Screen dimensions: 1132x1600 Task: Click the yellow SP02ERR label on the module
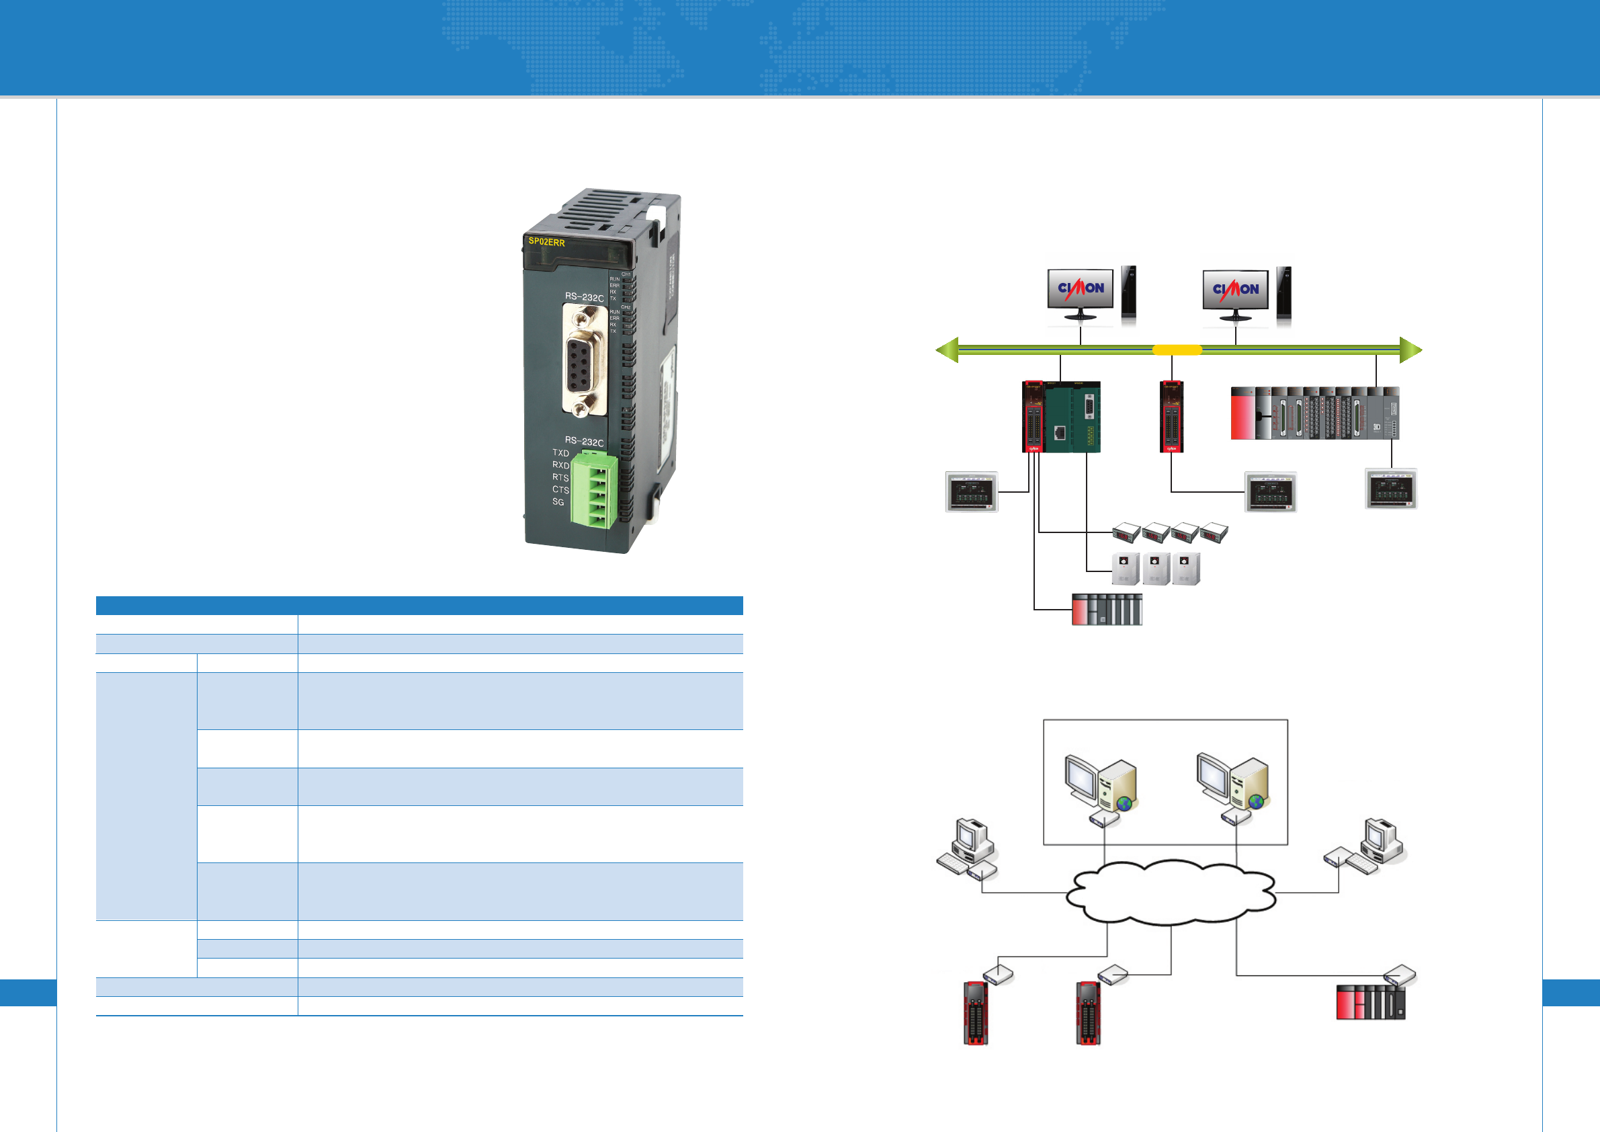click(546, 242)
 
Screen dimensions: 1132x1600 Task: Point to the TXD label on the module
click(560, 452)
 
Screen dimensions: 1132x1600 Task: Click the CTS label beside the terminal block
click(560, 489)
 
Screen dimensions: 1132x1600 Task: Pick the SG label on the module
click(558, 502)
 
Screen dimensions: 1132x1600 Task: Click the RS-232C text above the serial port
click(584, 297)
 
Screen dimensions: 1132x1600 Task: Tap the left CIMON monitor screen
click(1080, 288)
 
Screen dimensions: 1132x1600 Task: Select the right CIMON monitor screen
click(1236, 288)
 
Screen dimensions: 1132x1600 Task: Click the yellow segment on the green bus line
click(1177, 350)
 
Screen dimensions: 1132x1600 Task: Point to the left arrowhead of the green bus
click(947, 350)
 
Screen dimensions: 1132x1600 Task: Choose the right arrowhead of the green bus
click(1410, 350)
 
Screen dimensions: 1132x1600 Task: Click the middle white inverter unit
click(1155, 569)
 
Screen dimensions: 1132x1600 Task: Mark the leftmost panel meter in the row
click(1126, 533)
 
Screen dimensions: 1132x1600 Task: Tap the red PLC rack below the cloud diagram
click(1370, 1002)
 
